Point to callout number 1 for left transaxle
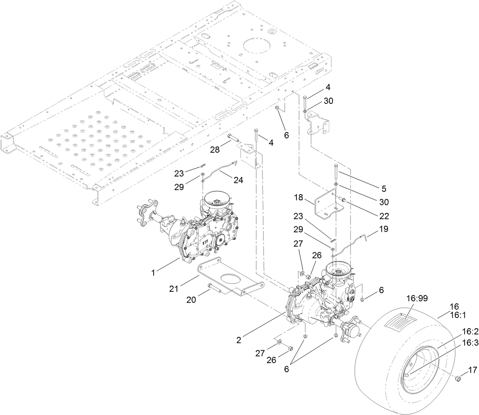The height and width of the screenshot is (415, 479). [x=153, y=273]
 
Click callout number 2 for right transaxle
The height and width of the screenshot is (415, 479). [x=239, y=340]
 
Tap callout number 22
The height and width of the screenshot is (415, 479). [x=384, y=216]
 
